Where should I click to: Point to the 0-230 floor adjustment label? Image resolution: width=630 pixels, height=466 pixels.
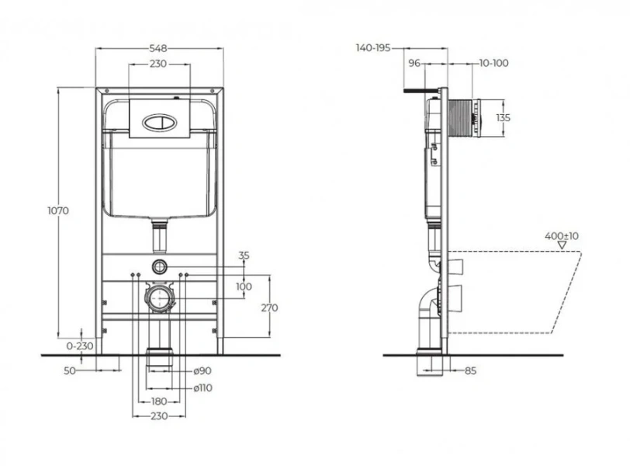80,346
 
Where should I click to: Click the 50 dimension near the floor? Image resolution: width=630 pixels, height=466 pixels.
69,370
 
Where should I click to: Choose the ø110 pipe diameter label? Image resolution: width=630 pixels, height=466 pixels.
203,387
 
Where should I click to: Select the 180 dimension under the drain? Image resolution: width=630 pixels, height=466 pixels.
159,401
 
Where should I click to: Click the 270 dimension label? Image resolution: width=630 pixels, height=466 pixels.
269,308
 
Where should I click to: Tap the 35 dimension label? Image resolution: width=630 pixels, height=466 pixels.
244,255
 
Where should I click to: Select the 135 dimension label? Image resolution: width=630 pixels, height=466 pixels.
503,118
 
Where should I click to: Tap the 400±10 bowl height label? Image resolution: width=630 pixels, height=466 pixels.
562,235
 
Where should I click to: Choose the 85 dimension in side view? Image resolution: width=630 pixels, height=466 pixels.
470,370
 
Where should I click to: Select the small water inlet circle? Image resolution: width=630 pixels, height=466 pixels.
159,266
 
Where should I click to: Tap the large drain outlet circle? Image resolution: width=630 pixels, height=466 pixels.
159,297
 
